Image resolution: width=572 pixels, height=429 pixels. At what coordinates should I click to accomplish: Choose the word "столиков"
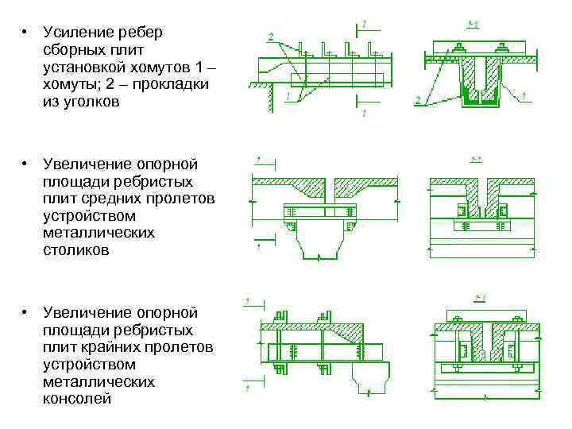[77, 250]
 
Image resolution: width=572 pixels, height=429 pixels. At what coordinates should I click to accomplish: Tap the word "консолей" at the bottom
[77, 399]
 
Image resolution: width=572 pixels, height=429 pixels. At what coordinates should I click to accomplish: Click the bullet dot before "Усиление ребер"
[25, 33]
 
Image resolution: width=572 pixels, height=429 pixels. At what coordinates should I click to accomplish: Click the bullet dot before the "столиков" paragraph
[25, 164]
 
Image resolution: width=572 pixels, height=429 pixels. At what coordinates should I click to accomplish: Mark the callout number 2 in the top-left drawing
[271, 37]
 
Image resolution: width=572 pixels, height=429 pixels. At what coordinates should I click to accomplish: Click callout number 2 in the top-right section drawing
[418, 100]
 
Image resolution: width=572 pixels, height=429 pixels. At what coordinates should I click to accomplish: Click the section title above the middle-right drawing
[477, 161]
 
